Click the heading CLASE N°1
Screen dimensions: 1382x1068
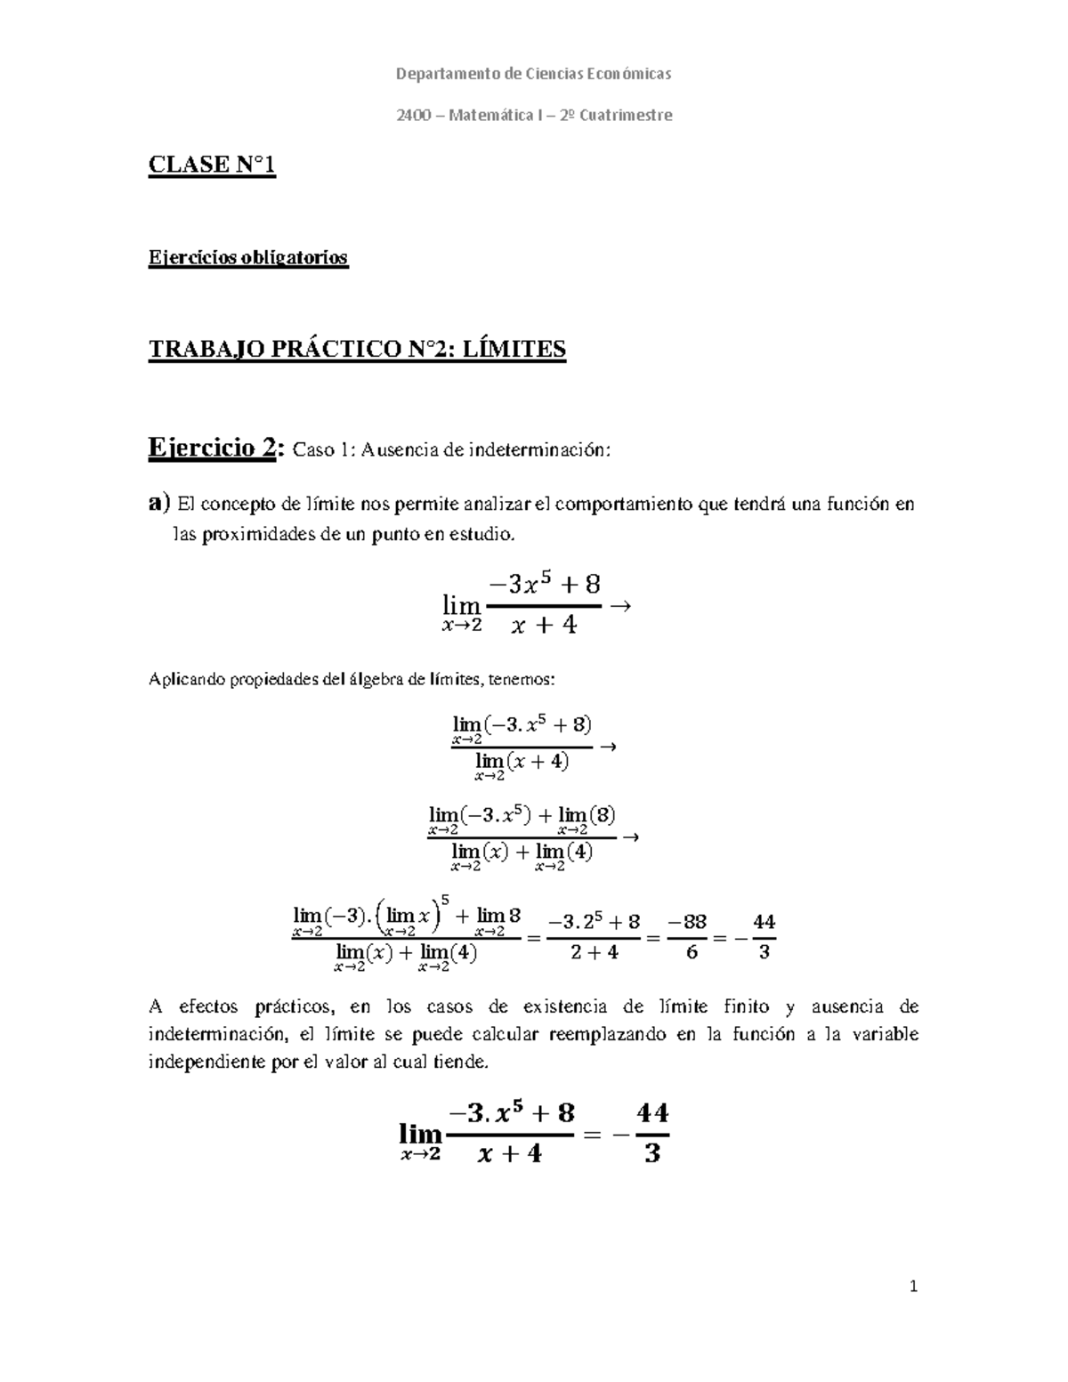click(212, 166)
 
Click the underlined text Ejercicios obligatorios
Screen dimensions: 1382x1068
click(247, 258)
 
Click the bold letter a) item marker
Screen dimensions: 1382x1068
click(158, 504)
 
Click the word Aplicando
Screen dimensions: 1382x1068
click(184, 680)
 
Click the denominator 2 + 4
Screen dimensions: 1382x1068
click(594, 952)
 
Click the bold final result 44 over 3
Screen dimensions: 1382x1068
click(652, 1134)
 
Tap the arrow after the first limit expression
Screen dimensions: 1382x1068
click(621, 606)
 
